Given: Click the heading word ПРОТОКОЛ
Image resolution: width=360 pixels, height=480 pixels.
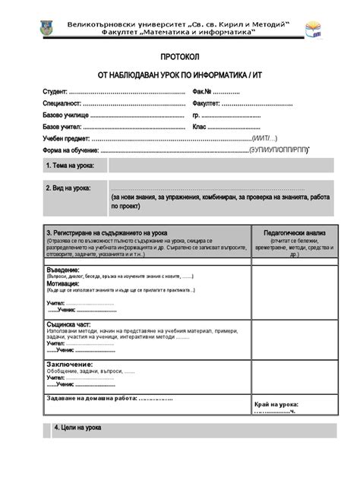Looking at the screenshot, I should (180, 58).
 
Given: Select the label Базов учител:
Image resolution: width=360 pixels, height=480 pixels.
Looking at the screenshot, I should (62, 127).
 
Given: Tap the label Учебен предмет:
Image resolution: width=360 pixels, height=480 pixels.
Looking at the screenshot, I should (67, 139).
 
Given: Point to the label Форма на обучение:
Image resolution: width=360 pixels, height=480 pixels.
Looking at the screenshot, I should (71, 150).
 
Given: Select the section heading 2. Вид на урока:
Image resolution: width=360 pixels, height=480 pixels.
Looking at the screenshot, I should (68, 188).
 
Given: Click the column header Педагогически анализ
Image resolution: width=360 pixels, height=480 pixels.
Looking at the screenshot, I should (295, 233).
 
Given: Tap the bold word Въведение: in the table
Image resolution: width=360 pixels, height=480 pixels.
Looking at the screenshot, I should (63, 270).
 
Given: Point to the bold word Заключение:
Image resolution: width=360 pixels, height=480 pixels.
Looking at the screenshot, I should (70, 364).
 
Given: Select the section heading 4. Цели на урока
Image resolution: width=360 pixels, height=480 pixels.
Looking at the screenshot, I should (77, 428).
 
